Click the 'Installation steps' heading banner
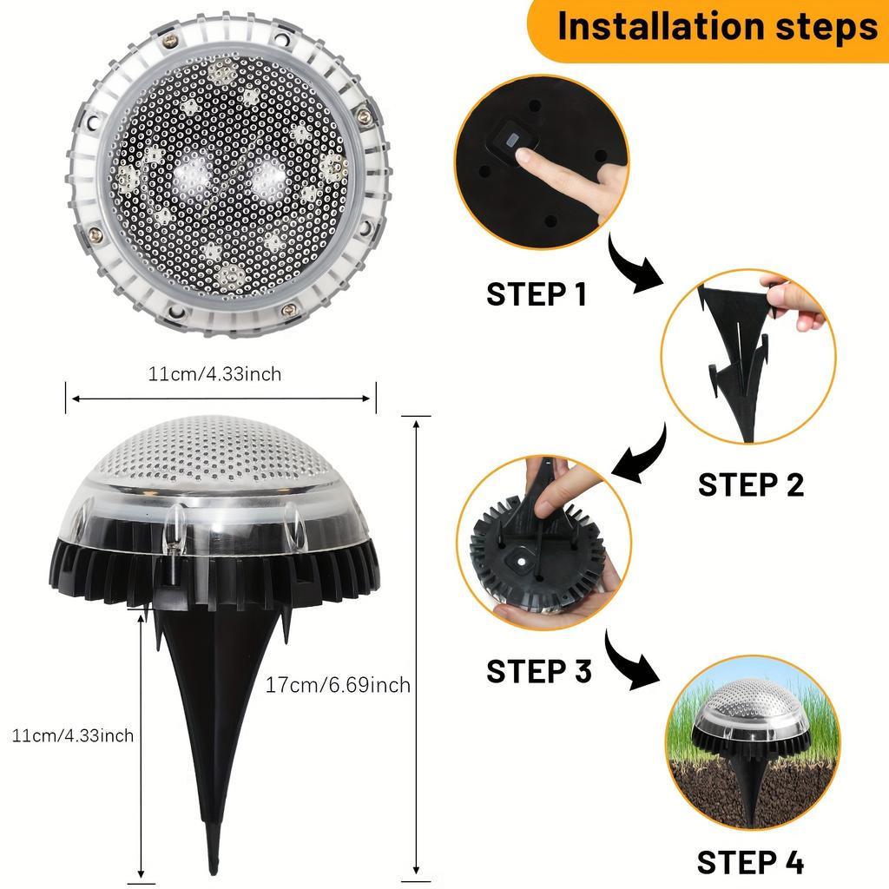click(x=715, y=28)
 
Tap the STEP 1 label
click(x=537, y=293)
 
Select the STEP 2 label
click(x=750, y=484)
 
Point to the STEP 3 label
click(x=538, y=671)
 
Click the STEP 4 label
click(x=750, y=862)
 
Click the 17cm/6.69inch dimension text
click(x=338, y=685)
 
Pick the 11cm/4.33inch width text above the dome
click(x=214, y=374)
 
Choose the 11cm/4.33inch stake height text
click(x=73, y=736)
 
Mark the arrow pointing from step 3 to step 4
click(x=632, y=663)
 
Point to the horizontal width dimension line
click(x=221, y=398)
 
